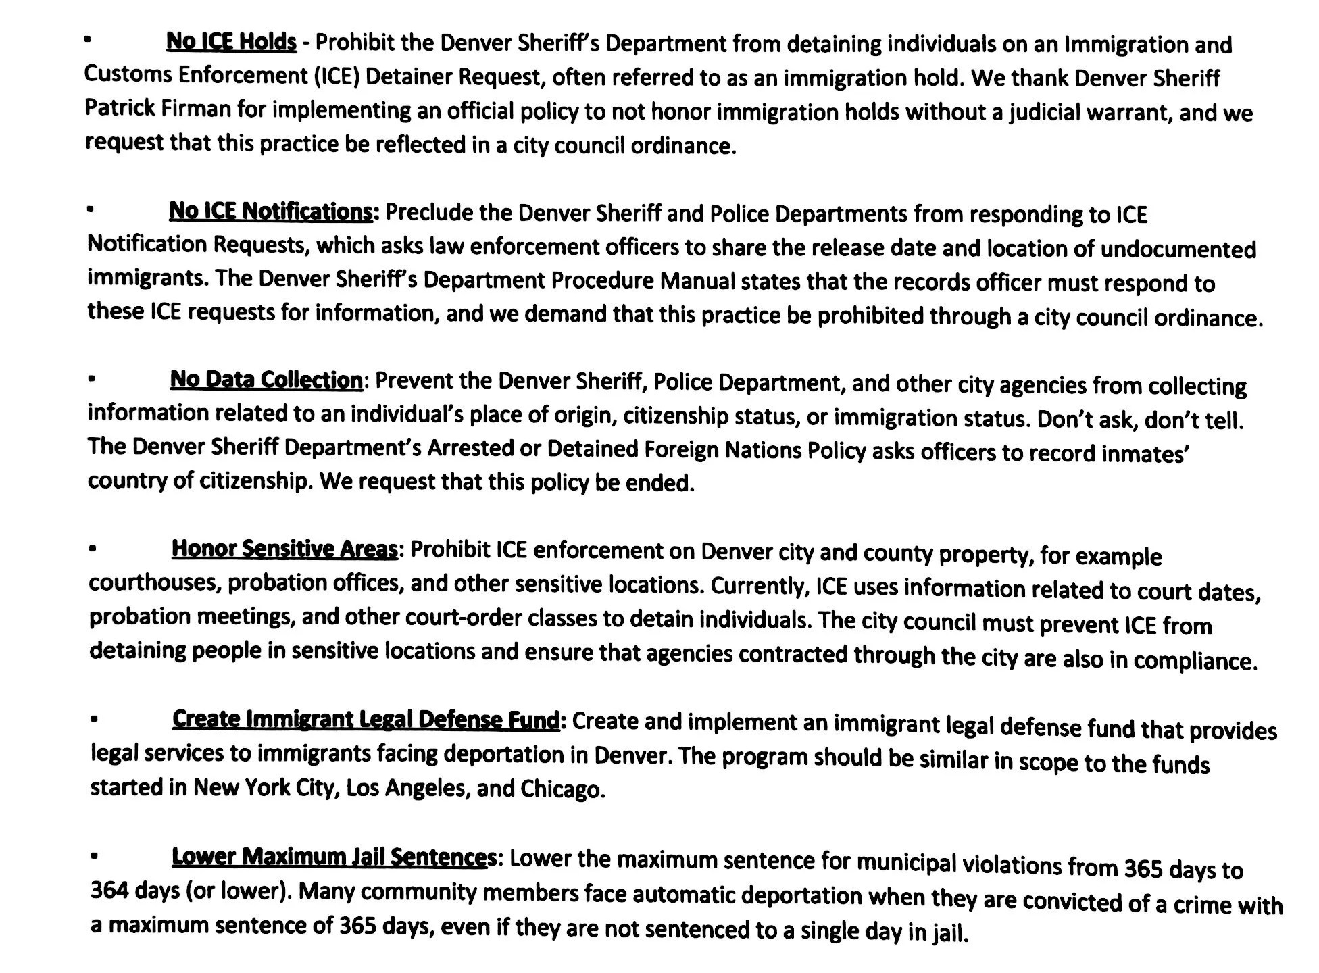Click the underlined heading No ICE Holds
(x=231, y=42)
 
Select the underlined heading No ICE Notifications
(x=270, y=211)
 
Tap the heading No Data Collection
(x=266, y=380)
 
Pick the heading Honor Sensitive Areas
(x=284, y=549)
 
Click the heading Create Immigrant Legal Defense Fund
(x=366, y=720)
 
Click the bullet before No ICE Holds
(x=87, y=40)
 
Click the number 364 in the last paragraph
(x=109, y=891)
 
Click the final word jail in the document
(x=950, y=932)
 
